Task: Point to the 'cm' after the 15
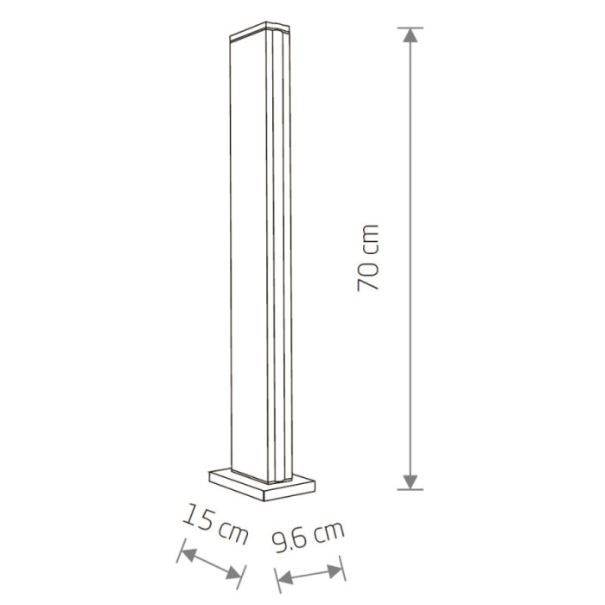point(231,531)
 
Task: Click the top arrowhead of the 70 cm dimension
point(411,36)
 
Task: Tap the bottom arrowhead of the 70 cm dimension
point(411,480)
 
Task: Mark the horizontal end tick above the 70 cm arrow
point(411,28)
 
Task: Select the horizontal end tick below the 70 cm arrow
point(411,488)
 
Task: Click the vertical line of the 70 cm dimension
point(411,259)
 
